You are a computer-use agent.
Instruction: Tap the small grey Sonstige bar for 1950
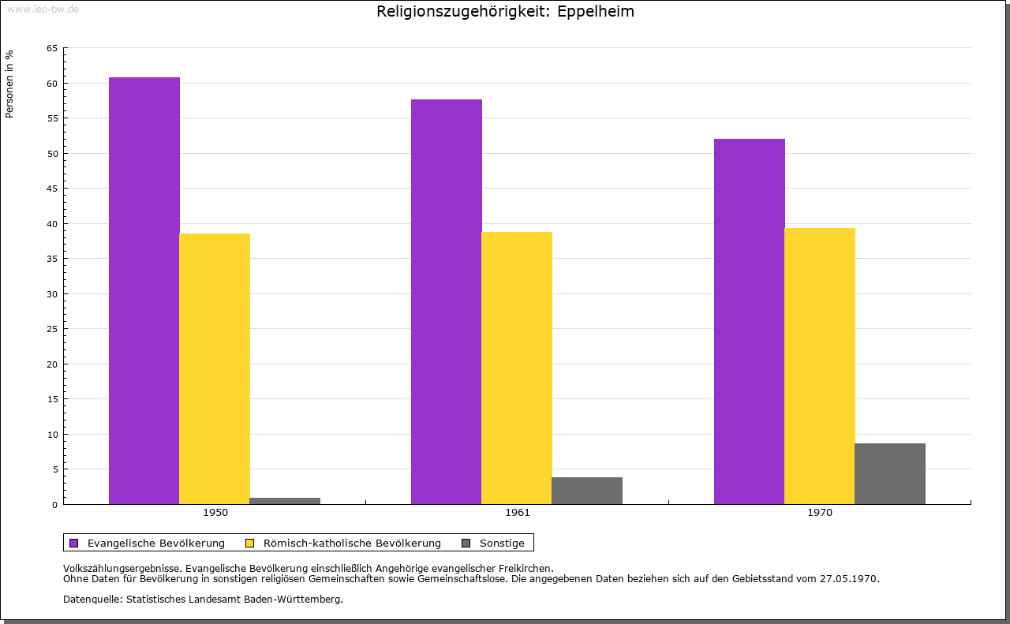285,501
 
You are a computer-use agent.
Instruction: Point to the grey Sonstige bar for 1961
587,491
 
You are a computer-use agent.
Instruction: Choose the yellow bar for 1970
820,366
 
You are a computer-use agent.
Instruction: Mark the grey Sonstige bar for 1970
890,473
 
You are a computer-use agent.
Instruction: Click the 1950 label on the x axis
215,513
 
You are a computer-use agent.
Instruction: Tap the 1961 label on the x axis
518,513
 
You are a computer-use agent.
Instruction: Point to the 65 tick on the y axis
52,48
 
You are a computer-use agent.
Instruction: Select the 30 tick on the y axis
52,294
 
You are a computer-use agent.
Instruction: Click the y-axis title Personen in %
9,84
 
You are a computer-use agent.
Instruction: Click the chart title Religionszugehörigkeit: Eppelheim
505,12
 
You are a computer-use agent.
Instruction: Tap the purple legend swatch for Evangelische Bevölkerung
74,543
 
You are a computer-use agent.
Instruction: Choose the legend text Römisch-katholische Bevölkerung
352,543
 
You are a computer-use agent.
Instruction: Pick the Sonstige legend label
502,543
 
